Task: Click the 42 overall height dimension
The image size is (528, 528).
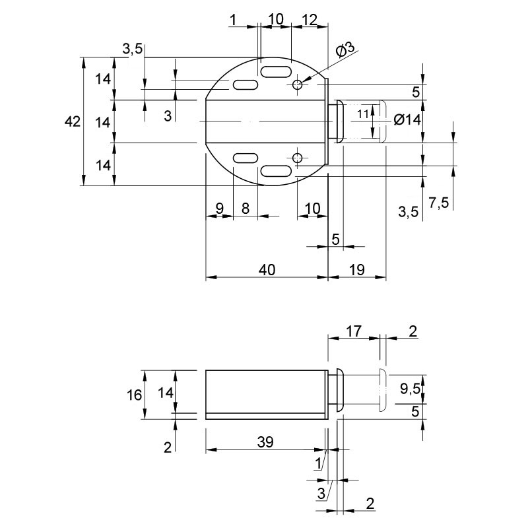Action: (73, 121)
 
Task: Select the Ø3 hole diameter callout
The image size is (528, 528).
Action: (345, 51)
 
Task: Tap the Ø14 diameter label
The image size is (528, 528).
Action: (407, 119)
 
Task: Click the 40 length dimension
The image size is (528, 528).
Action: (267, 270)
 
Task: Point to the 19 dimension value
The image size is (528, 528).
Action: (357, 270)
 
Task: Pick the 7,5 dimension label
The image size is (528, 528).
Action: (439, 203)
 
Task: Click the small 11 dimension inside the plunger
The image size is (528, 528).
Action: (363, 114)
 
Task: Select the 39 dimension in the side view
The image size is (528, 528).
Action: (265, 442)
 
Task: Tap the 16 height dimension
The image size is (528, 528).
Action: (134, 395)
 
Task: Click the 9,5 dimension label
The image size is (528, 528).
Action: (410, 389)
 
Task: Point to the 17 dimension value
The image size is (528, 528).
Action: (354, 331)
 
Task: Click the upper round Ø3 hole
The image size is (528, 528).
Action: (297, 84)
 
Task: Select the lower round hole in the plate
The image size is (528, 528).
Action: (297, 157)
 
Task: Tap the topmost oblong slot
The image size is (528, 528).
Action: (276, 72)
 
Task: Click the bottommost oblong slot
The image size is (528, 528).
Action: (276, 171)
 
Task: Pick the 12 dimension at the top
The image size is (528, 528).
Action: (310, 20)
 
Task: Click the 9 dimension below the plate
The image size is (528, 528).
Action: (219, 209)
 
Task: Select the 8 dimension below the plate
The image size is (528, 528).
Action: (246, 209)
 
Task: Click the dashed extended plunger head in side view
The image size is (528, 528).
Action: (383, 390)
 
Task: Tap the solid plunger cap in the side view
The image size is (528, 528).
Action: (339, 390)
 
